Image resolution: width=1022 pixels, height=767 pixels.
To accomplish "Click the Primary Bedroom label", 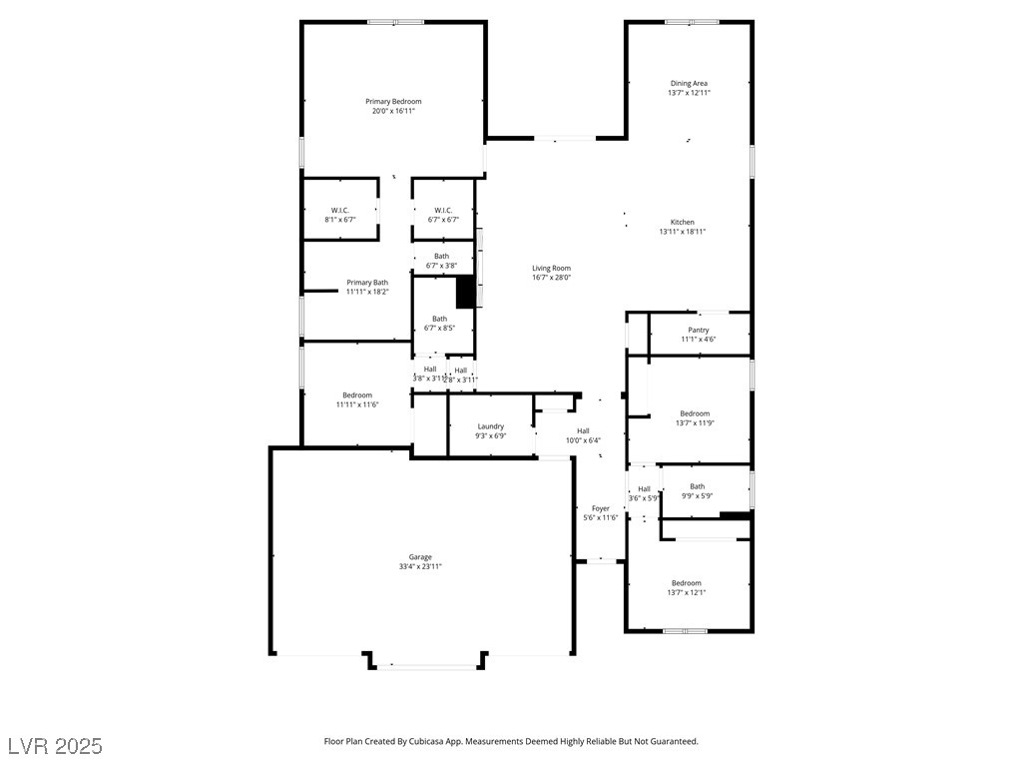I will click(x=393, y=102).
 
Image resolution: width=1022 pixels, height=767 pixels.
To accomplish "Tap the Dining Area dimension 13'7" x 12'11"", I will click(x=689, y=93).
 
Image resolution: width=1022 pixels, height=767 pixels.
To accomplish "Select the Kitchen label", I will click(x=683, y=222).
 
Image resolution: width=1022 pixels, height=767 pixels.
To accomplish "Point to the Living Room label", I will click(x=551, y=268).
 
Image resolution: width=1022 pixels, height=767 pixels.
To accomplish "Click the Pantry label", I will click(x=699, y=330).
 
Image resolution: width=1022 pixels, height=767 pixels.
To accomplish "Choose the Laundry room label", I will click(x=490, y=426).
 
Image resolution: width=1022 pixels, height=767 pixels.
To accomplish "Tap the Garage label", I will click(x=420, y=557).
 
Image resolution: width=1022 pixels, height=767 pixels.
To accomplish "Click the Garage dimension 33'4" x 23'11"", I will click(x=420, y=566).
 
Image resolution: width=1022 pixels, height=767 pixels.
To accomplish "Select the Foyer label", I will click(x=600, y=508).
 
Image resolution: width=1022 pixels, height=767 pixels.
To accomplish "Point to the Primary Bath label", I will click(x=367, y=283).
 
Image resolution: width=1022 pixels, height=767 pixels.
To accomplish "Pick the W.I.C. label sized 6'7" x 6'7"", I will click(x=444, y=210).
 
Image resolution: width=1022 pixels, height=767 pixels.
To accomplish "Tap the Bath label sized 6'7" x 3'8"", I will click(x=441, y=257).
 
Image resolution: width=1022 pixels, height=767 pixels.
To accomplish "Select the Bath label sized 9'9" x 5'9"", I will click(x=697, y=486).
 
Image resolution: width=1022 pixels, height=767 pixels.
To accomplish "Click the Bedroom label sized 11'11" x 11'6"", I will click(x=357, y=395).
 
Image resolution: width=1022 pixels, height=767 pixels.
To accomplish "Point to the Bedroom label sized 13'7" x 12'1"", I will click(x=686, y=583).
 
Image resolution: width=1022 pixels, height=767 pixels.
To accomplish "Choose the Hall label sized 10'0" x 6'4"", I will click(x=583, y=430).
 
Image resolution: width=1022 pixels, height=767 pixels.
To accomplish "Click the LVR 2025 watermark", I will click(x=55, y=746).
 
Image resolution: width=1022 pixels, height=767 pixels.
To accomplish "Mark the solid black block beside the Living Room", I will click(x=465, y=292).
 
